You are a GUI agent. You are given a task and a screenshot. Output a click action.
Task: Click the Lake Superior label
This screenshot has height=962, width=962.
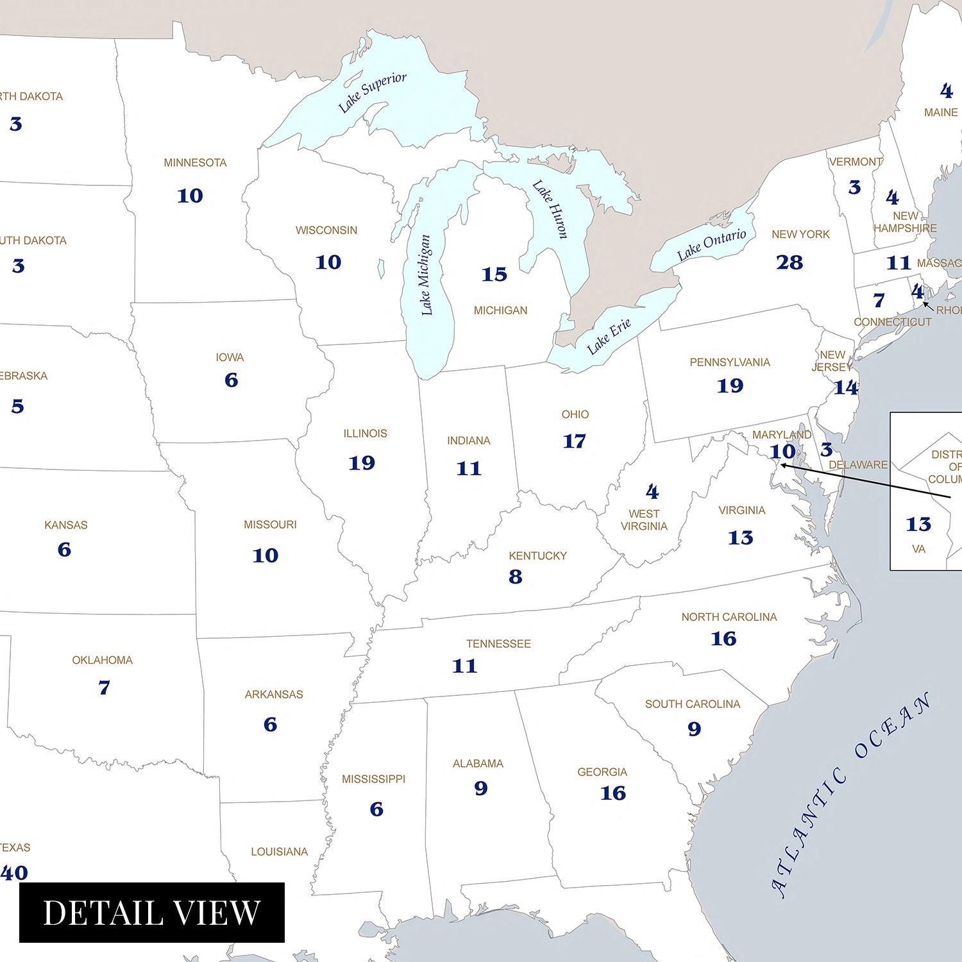point(372,92)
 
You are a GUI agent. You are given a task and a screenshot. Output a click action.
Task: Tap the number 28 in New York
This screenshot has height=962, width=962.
point(789,262)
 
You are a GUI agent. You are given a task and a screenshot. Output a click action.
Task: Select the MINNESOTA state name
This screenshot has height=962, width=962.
point(195,163)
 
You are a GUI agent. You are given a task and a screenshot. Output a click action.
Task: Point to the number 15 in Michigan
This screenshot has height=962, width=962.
point(494,274)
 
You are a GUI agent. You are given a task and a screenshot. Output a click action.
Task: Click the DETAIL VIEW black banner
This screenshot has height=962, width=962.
point(152,912)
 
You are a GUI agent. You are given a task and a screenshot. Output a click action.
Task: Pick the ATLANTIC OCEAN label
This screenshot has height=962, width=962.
point(850,795)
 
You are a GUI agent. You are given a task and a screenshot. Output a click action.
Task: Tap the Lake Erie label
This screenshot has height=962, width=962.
point(609,336)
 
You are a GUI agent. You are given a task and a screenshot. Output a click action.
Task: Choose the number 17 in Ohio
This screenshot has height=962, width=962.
point(574,441)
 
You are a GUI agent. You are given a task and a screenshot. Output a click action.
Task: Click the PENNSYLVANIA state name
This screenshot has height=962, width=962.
point(730,362)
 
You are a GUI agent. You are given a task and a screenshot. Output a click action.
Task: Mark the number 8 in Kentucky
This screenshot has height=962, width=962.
point(516,577)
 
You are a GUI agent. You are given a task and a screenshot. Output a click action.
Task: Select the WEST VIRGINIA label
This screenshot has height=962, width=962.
point(644,520)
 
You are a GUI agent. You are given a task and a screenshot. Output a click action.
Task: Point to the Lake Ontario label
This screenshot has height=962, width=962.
point(711,244)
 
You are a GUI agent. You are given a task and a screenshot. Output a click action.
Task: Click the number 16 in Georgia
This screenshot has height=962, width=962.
point(612,793)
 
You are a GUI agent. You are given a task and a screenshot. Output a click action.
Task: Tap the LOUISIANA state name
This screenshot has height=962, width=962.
point(279,852)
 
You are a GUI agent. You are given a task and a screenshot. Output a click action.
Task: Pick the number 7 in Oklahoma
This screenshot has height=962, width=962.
point(104,688)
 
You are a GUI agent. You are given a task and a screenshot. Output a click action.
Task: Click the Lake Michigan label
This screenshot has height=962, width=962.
point(426,275)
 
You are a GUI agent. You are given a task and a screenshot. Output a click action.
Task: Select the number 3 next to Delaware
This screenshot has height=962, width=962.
point(827,450)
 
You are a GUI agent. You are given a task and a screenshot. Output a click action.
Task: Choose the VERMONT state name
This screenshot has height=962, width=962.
point(856,162)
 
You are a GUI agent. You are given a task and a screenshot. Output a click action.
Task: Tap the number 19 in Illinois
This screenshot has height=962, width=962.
point(362,463)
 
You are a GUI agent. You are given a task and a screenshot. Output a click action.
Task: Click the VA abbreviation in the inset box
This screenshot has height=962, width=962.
point(918,549)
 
